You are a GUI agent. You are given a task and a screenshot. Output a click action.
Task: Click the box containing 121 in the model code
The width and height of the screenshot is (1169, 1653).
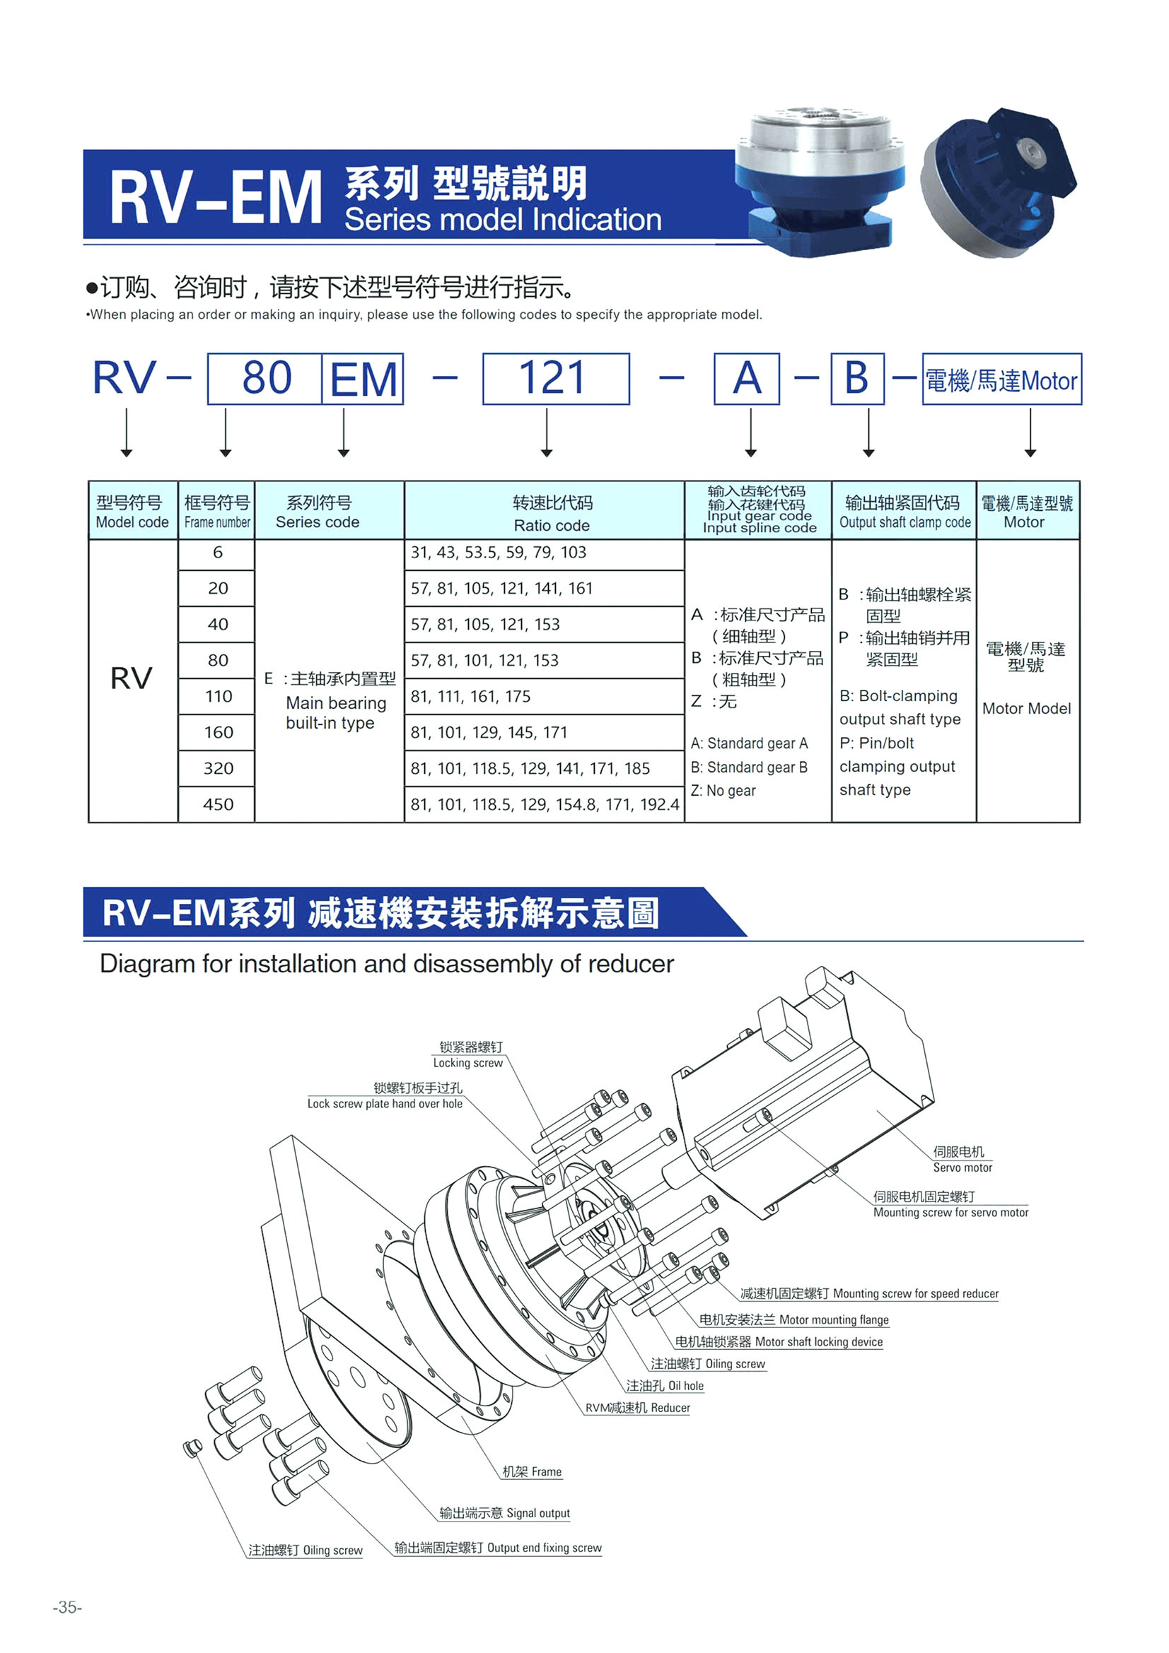[x=556, y=379]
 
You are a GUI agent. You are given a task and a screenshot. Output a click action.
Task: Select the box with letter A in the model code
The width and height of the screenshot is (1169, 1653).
[x=747, y=379]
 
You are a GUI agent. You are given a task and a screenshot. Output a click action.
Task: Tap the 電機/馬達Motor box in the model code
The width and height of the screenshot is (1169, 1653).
[x=1002, y=379]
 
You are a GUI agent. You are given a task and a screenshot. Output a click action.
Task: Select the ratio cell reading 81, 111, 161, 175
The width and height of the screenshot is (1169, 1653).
[x=545, y=696]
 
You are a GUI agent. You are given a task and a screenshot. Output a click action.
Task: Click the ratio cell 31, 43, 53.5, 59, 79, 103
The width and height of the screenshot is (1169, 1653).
[x=545, y=553]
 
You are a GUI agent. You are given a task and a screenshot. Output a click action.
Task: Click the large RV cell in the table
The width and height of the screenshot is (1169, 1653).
[x=132, y=681]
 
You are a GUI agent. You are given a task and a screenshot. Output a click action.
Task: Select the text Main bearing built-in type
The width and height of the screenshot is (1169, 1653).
[x=336, y=713]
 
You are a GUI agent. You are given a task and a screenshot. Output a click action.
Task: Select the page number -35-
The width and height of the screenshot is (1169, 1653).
[x=68, y=1607]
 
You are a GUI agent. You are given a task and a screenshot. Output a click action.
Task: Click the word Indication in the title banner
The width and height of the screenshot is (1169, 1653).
[x=597, y=220]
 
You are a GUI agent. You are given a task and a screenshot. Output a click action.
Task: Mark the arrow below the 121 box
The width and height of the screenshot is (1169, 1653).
[x=547, y=432]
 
